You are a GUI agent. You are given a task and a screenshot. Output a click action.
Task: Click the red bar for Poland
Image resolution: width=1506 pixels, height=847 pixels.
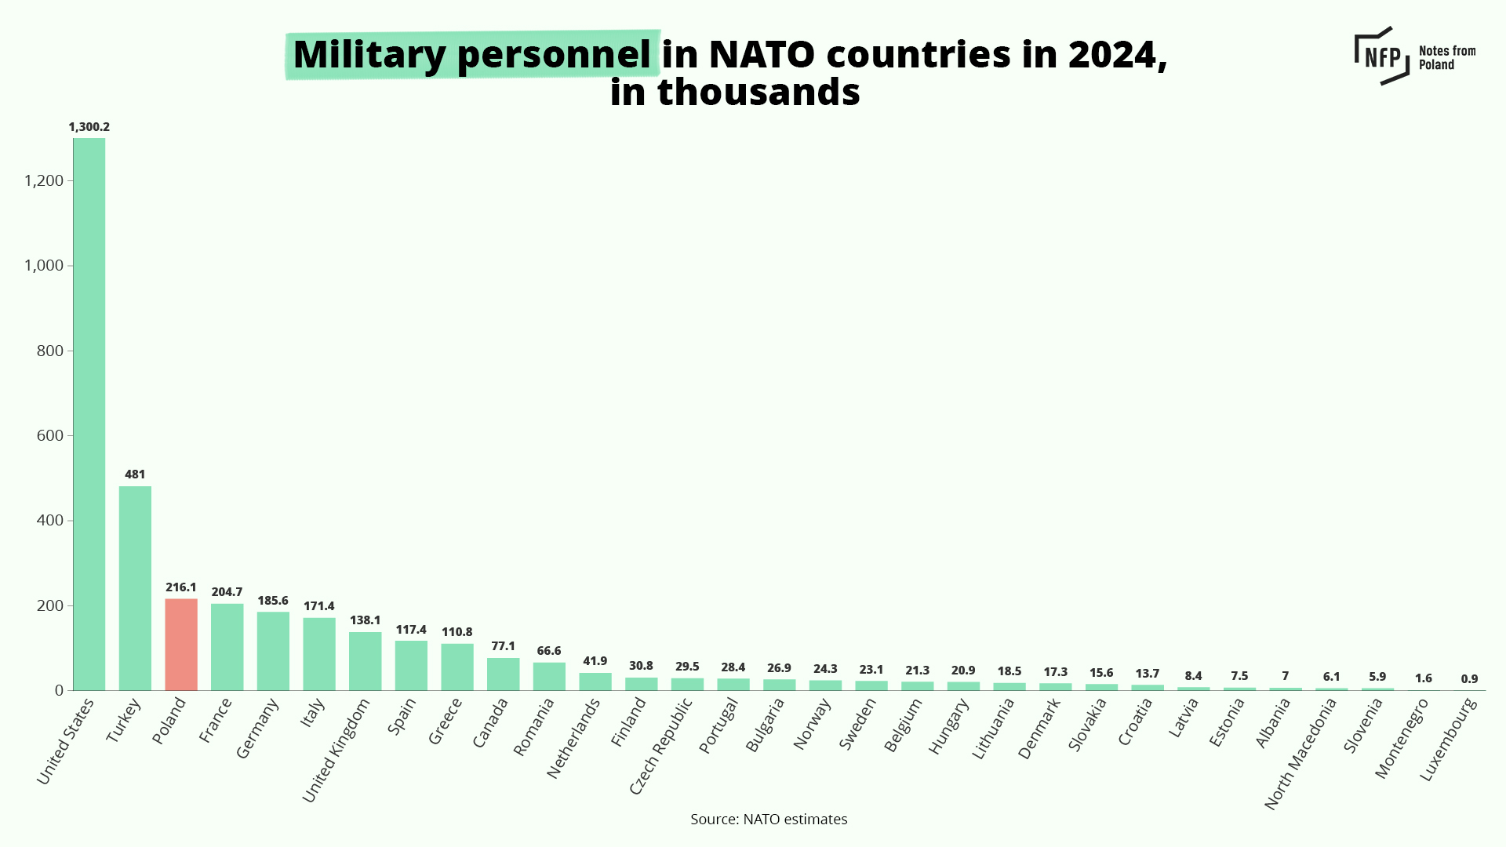(x=181, y=645)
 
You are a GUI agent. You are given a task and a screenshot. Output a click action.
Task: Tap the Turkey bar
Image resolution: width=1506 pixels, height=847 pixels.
(x=135, y=588)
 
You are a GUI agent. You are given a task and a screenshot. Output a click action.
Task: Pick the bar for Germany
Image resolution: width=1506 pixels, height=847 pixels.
(x=273, y=651)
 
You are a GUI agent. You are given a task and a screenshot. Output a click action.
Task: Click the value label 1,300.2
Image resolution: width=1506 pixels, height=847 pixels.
(x=89, y=127)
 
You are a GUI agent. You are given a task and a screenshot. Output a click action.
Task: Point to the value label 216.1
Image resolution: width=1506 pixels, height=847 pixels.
(x=181, y=587)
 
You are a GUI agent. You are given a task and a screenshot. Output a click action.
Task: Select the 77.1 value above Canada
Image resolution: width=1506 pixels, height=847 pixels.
(x=503, y=646)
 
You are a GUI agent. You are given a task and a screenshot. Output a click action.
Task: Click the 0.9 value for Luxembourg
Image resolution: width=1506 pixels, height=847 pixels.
(x=1469, y=679)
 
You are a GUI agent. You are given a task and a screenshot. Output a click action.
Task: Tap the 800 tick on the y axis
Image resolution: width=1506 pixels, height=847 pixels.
(x=50, y=351)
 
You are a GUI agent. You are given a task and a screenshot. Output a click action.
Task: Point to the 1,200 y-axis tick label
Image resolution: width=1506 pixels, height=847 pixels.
(x=44, y=180)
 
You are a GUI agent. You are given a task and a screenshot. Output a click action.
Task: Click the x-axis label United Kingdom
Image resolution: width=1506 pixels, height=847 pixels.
(x=336, y=751)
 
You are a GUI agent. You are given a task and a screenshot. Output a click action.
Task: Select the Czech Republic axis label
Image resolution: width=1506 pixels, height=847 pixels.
(x=661, y=746)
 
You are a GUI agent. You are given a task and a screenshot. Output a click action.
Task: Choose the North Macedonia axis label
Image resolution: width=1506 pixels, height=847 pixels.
(x=1300, y=754)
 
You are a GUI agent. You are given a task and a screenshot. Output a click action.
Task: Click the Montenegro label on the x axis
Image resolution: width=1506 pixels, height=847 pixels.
(x=1402, y=738)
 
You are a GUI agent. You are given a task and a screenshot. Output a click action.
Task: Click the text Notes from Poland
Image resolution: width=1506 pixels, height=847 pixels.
(x=1446, y=57)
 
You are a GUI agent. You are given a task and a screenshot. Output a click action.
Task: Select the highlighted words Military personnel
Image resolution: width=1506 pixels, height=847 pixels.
(x=472, y=55)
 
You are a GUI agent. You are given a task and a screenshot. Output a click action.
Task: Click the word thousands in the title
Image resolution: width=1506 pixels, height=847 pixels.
(x=758, y=93)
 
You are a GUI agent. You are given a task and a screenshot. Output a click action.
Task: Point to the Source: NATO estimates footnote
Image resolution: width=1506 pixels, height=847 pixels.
(x=769, y=820)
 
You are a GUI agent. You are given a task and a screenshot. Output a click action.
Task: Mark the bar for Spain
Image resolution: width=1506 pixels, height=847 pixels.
(x=411, y=665)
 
